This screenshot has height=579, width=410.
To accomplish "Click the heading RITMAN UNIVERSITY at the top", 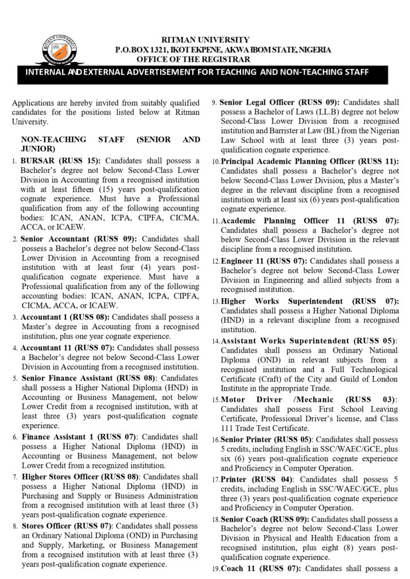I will click(205, 39).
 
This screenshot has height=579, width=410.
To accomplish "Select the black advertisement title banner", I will click(205, 72).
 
